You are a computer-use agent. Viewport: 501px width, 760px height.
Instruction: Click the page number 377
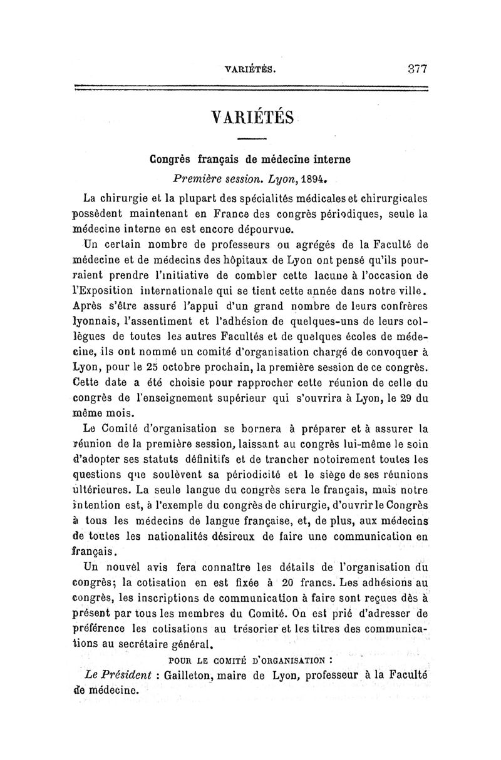pyautogui.click(x=414, y=68)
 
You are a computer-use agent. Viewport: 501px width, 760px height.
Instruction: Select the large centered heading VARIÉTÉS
pyautogui.click(x=253, y=116)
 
